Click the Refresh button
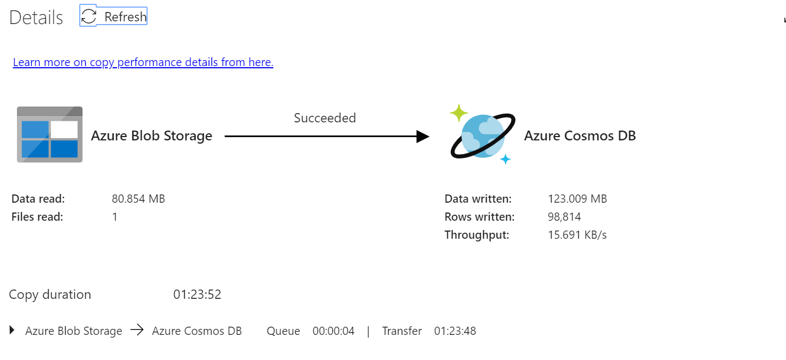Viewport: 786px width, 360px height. point(114,16)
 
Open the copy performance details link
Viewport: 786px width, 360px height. point(143,62)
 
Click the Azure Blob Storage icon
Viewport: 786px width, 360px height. point(50,134)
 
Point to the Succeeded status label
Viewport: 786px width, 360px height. point(325,118)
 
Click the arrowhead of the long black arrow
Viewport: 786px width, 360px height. point(423,137)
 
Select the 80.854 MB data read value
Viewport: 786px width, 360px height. point(138,199)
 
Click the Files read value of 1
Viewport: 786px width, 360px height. point(115,217)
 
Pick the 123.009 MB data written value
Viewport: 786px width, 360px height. point(577,199)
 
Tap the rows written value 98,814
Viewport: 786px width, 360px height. point(564,217)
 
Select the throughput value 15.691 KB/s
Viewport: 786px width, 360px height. point(577,235)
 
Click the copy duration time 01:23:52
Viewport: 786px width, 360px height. point(197,295)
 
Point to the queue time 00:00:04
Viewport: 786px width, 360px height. point(333,331)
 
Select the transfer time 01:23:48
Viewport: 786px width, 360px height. point(455,331)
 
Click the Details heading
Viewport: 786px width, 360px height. point(36,17)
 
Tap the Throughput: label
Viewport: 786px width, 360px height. point(477,235)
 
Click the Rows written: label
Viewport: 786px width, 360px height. point(479,217)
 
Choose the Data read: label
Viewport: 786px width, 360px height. point(38,199)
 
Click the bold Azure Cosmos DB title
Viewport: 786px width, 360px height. point(580,135)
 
